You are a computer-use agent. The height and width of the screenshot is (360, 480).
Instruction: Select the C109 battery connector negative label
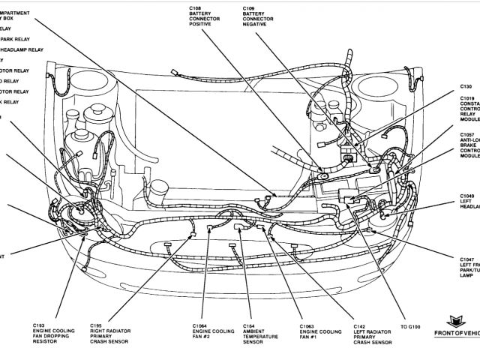[x=250, y=7]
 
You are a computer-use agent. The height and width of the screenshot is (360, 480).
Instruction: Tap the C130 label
[x=466, y=87]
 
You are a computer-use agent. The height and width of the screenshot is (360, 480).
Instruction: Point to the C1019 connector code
[x=467, y=98]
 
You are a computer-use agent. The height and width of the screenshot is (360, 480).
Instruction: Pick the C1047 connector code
[x=468, y=259]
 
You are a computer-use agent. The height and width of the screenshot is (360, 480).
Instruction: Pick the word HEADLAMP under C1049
[x=470, y=209]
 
